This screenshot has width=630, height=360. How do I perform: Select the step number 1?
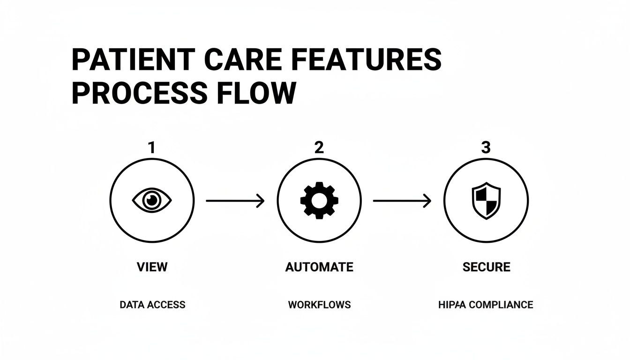pos(151,148)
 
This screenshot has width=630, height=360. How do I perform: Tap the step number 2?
pos(319,148)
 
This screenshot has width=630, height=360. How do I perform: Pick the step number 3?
pos(486,148)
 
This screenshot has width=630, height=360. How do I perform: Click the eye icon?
pos(152,201)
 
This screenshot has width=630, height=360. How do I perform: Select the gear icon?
pos(319,201)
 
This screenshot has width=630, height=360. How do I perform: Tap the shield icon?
pos(486,201)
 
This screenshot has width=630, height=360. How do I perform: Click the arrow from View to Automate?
pos(235,201)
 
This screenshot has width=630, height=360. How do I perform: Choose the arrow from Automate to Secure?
pos(402,201)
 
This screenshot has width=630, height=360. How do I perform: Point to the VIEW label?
pos(152,267)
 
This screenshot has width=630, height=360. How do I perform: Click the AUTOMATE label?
pos(319,267)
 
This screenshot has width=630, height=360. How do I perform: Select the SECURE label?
pos(486,267)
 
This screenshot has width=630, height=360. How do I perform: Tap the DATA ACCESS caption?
pos(152,305)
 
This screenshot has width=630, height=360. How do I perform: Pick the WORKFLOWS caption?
pos(319,305)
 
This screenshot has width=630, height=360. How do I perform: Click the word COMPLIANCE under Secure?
pos(501,305)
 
